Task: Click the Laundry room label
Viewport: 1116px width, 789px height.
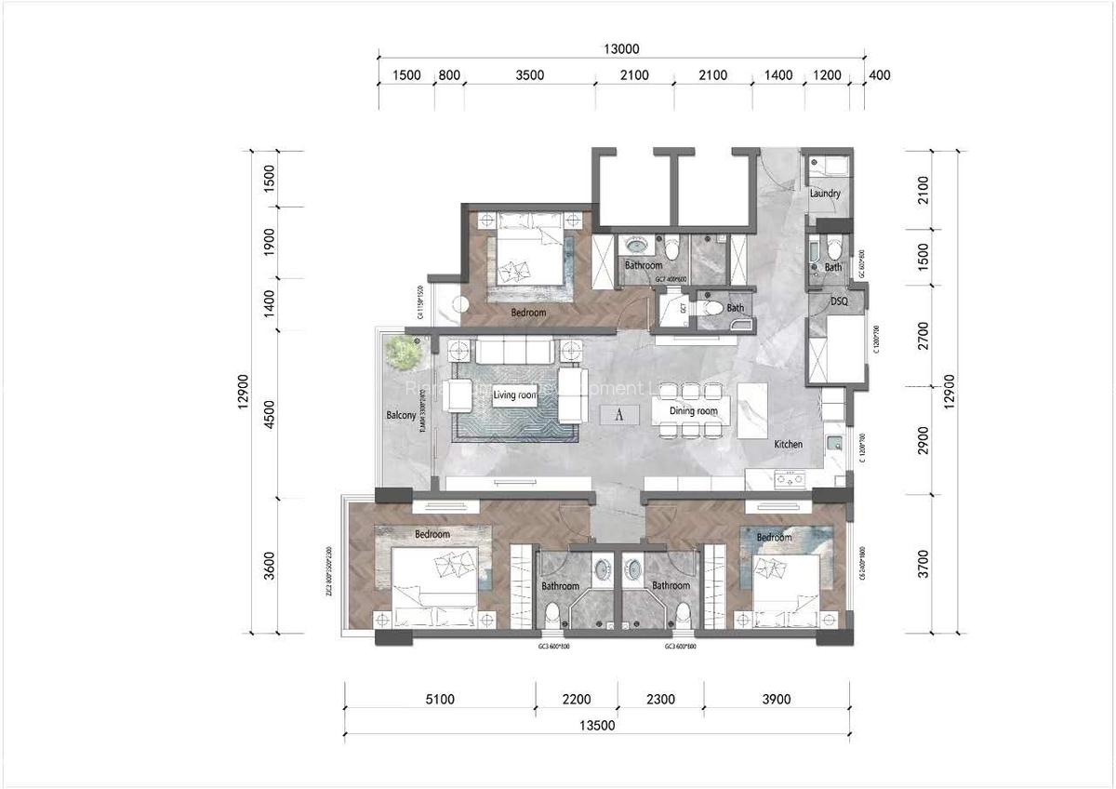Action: [x=825, y=194]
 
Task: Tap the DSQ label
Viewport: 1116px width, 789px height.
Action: [x=839, y=302]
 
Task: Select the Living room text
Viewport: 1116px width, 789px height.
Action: [x=516, y=395]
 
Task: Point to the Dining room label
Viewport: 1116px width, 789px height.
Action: [x=694, y=410]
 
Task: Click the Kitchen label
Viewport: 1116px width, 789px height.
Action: [x=788, y=445]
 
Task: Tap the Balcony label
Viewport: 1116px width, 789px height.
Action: [x=401, y=416]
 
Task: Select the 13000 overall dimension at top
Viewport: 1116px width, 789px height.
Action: [x=621, y=49]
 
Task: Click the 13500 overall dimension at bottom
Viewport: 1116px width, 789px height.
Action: [x=597, y=726]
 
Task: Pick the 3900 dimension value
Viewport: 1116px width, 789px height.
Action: [x=776, y=700]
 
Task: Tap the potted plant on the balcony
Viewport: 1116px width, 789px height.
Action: [x=404, y=352]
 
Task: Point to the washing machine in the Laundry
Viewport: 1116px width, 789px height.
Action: [x=828, y=168]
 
